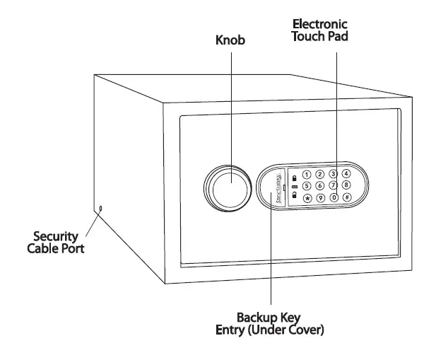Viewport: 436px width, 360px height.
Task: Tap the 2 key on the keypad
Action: point(320,174)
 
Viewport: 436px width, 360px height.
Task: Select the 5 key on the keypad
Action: point(307,187)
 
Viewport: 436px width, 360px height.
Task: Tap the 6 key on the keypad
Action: point(320,187)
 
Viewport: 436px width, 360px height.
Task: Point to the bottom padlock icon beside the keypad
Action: point(294,195)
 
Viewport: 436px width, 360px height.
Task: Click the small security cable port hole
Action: point(101,208)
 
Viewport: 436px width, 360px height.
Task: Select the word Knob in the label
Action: point(230,41)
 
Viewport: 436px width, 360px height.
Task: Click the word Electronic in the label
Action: point(319,24)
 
